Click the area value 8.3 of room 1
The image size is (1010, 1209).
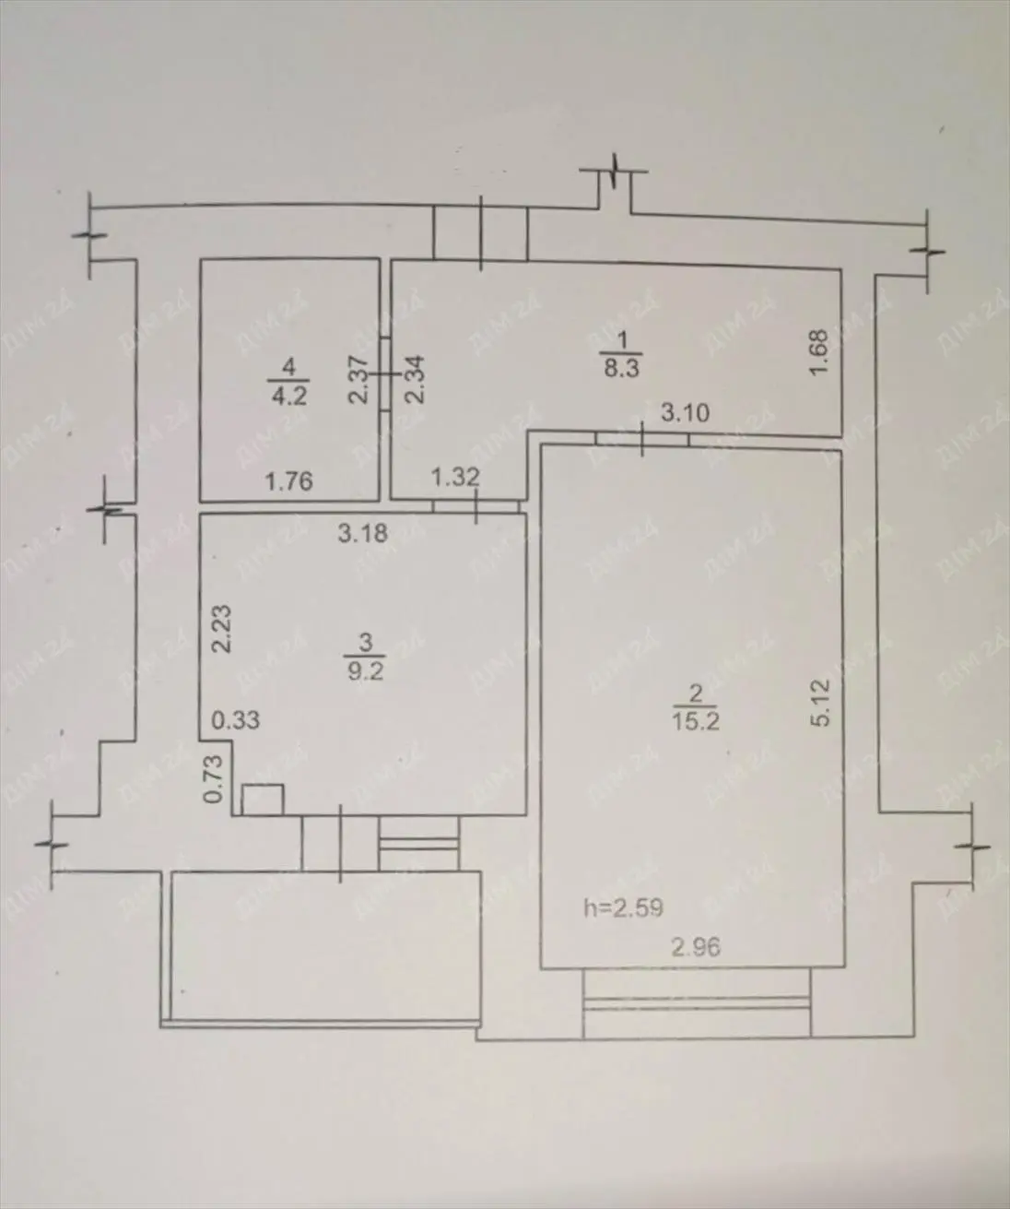[621, 368]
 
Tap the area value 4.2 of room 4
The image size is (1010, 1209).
[288, 397]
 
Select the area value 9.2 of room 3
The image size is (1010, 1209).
[365, 671]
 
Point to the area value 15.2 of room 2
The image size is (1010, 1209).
[696, 721]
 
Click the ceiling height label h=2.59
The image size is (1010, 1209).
[623, 907]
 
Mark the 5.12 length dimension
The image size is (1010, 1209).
[821, 703]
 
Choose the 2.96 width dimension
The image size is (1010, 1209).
[696, 948]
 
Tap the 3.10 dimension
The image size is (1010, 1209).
[686, 413]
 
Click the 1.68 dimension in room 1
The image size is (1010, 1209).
[820, 352]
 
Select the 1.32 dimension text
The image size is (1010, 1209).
[456, 477]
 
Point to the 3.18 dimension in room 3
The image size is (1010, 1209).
[363, 533]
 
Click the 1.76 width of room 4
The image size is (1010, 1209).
[288, 481]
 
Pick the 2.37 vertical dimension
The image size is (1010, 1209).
[358, 379]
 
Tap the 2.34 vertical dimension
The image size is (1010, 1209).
[415, 379]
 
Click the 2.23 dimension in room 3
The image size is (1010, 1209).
[222, 629]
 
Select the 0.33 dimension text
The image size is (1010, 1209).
[236, 720]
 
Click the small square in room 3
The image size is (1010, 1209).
[263, 800]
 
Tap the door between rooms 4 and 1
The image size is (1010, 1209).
[385, 373]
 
